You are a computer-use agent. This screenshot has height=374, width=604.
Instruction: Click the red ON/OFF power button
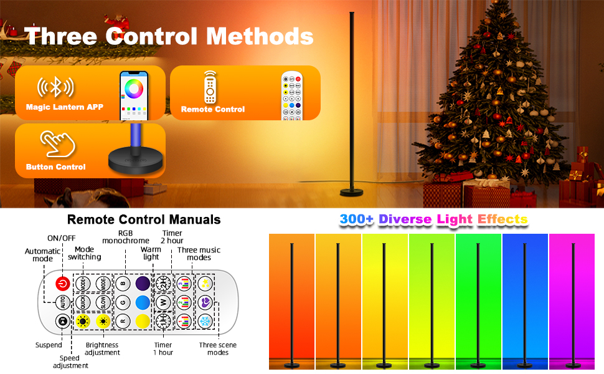[x=63, y=284]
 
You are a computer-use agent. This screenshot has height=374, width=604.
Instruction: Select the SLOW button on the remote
[x=103, y=302]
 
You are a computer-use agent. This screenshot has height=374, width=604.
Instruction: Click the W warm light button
[x=163, y=302]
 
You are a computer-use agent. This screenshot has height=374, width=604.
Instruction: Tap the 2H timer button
[x=163, y=284]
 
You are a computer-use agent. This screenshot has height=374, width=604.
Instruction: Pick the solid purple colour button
[x=143, y=284]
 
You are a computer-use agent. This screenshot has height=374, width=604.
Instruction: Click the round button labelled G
[x=123, y=302]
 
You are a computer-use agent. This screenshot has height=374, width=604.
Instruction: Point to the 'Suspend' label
[x=49, y=345]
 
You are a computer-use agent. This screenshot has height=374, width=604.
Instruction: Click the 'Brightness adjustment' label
[x=102, y=348]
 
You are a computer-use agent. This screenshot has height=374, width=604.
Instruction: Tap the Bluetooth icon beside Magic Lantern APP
[x=55, y=87]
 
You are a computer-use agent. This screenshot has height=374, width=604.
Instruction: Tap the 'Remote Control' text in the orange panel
[x=213, y=109]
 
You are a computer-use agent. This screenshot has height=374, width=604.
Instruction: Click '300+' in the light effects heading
[x=356, y=219]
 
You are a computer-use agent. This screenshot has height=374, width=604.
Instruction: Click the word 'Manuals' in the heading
[x=191, y=219]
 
